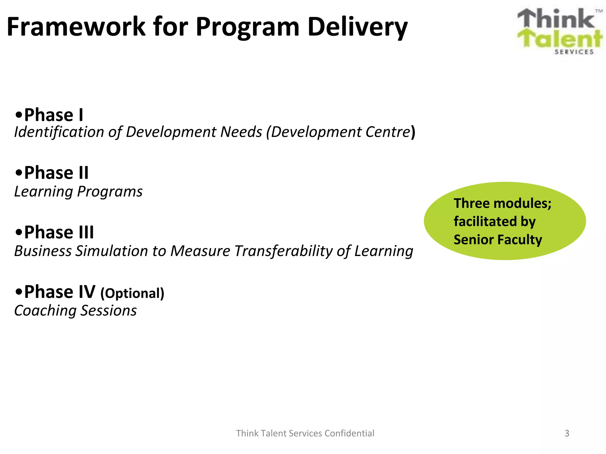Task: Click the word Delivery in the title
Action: tap(357, 27)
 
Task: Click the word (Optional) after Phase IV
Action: tap(132, 293)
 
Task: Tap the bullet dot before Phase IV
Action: tap(19, 292)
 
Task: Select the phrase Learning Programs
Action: tap(78, 192)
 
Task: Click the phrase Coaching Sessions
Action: tap(75, 311)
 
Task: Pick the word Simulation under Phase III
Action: tap(112, 251)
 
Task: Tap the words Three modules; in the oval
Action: tap(502, 203)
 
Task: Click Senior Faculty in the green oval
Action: tap(498, 239)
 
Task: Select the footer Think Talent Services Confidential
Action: tap(305, 433)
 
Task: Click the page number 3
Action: tap(567, 433)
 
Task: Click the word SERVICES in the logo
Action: tap(574, 52)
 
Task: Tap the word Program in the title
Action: tap(247, 27)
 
